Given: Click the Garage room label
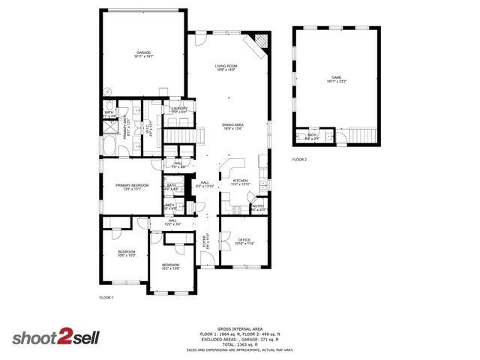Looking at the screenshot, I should [x=143, y=54].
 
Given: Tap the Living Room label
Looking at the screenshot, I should [x=228, y=67].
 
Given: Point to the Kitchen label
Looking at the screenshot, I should [x=240, y=182].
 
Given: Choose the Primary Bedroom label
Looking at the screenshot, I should [x=132, y=187].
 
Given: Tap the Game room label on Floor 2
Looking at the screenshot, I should [x=335, y=78].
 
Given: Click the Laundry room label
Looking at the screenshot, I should [x=179, y=109].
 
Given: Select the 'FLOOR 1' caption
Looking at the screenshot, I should [x=106, y=298].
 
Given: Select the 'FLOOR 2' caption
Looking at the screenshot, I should [x=300, y=160].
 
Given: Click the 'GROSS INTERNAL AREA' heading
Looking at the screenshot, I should [x=239, y=328].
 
